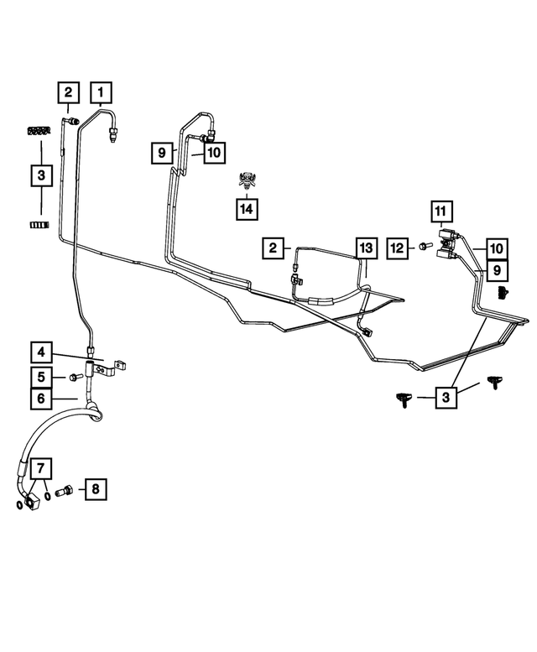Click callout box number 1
pos(101,92)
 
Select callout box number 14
pos(247,209)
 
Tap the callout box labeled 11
pos(441,212)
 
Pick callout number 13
pos(366,248)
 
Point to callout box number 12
pos(398,248)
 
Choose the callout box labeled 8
pos(96,489)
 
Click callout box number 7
pos(41,468)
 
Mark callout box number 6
pos(41,399)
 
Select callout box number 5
pos(41,377)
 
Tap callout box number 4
pos(41,352)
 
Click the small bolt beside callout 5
pos(76,378)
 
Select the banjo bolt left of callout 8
pos(65,490)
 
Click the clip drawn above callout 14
pos(248,180)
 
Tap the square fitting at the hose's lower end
pos(32,502)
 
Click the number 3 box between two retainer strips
pos(41,175)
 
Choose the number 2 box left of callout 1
pos(68,92)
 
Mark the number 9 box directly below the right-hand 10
pos(497,271)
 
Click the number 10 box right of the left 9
pos(214,153)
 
